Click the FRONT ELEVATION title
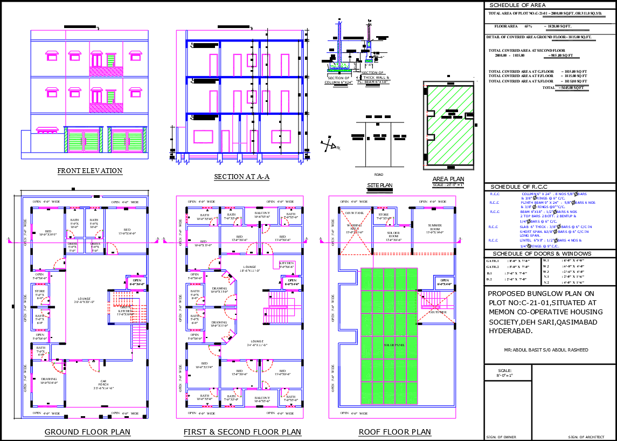coord(90,171)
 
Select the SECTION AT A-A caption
coord(241,177)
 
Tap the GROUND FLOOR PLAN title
coord(87,432)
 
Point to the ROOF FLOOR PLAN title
coord(395,432)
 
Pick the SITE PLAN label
coord(379,185)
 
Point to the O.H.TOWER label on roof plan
coord(438,312)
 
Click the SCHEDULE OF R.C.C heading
coord(516,187)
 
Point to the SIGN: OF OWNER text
coord(501,437)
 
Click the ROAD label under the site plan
coord(378,174)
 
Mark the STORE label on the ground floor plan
coord(39,293)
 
